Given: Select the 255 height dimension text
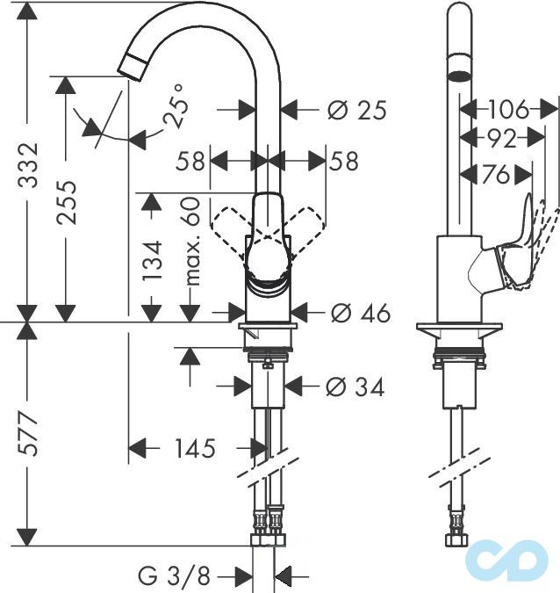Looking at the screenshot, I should tap(67, 203).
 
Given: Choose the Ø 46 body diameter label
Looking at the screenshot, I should tap(358, 313).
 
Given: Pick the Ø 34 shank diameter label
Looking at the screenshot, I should tap(355, 387).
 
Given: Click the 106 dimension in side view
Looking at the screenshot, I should tap(509, 110).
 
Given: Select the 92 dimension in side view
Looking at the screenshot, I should tap(503, 138).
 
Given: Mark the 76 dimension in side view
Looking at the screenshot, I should tap(496, 175).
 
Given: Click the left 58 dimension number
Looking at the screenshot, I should tap(190, 161).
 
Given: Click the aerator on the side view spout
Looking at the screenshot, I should tap(458, 71).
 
